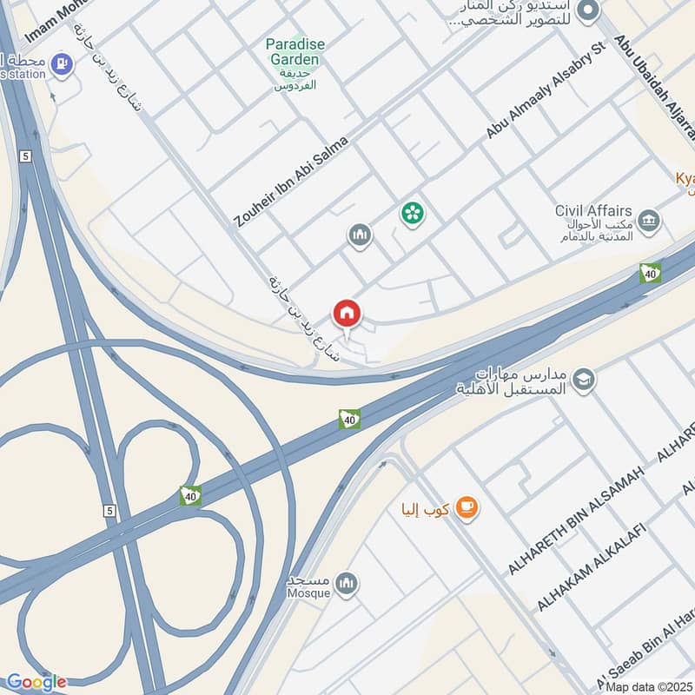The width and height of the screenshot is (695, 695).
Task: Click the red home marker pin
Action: coord(347,313)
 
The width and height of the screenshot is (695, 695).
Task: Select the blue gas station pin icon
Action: coord(62,63)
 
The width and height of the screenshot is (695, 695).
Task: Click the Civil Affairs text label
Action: coord(592,210)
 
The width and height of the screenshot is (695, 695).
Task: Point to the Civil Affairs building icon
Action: coord(648,222)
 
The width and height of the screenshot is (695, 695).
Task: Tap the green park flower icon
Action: coord(411,213)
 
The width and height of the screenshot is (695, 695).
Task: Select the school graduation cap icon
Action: coord(584,380)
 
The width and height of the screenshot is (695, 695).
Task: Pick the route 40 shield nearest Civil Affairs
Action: coord(650,273)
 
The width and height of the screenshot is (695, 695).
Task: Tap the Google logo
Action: coord(36,682)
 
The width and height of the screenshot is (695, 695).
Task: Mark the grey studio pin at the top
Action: coord(589,11)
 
